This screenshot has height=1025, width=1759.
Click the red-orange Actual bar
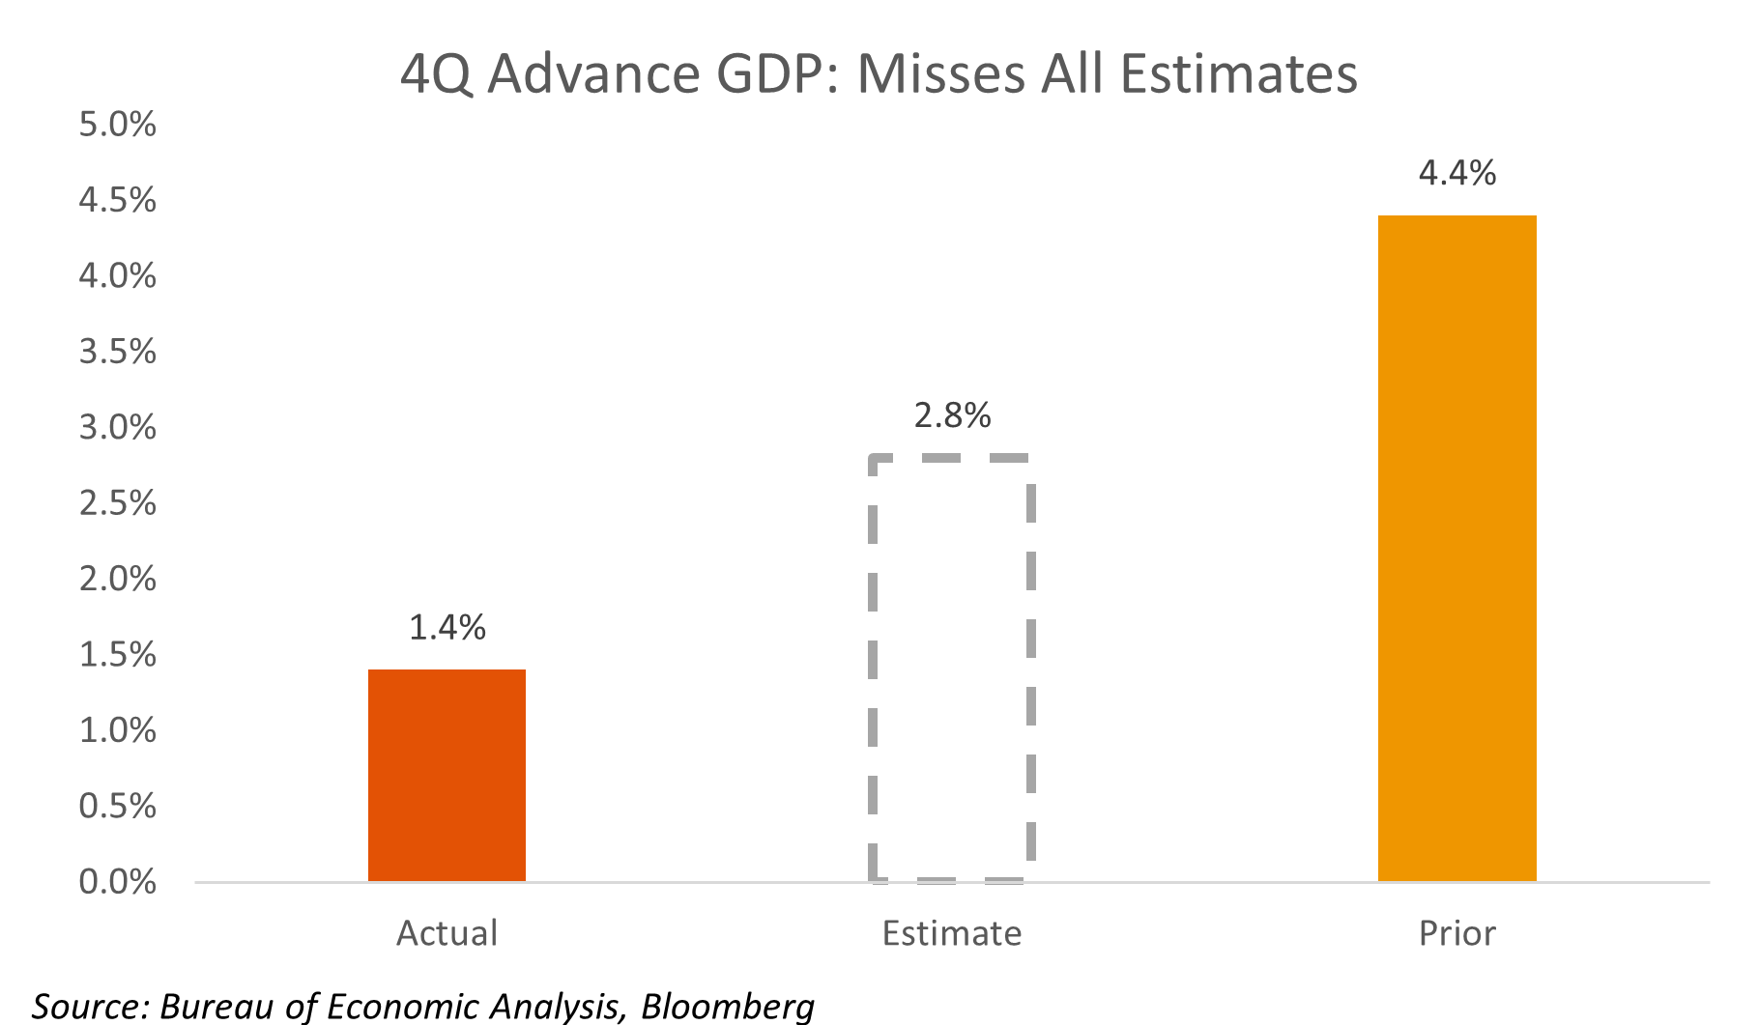tap(447, 775)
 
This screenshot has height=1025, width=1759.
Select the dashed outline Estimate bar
tap(952, 669)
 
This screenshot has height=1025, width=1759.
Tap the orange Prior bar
tap(1456, 548)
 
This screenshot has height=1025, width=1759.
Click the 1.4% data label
tap(447, 628)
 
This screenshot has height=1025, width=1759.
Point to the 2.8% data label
tap(952, 415)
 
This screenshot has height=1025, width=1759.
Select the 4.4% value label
tap(1456, 174)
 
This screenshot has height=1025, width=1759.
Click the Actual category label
tap(447, 933)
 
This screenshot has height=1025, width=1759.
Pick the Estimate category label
tap(952, 933)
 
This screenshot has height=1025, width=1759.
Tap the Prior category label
tap(1456, 933)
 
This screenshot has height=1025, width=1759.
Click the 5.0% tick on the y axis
tap(117, 125)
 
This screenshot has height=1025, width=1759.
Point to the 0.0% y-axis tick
tap(117, 882)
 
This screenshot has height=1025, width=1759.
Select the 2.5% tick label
tap(117, 503)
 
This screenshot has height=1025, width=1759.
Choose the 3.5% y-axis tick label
tap(117, 352)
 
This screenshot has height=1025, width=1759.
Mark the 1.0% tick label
tap(117, 730)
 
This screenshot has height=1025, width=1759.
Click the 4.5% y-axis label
tap(117, 200)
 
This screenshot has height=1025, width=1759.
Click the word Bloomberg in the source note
tap(727, 1006)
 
